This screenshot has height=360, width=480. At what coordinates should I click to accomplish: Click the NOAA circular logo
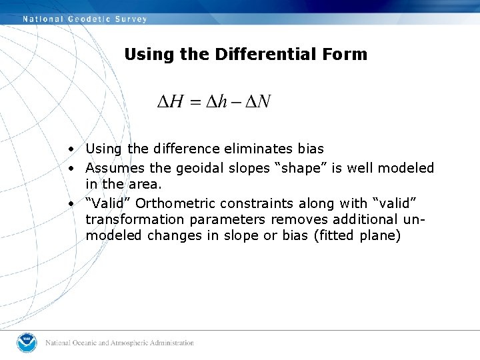tap(27, 342)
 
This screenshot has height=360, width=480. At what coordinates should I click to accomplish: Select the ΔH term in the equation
tap(170, 102)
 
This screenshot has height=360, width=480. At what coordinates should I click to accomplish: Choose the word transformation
tap(134, 219)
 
